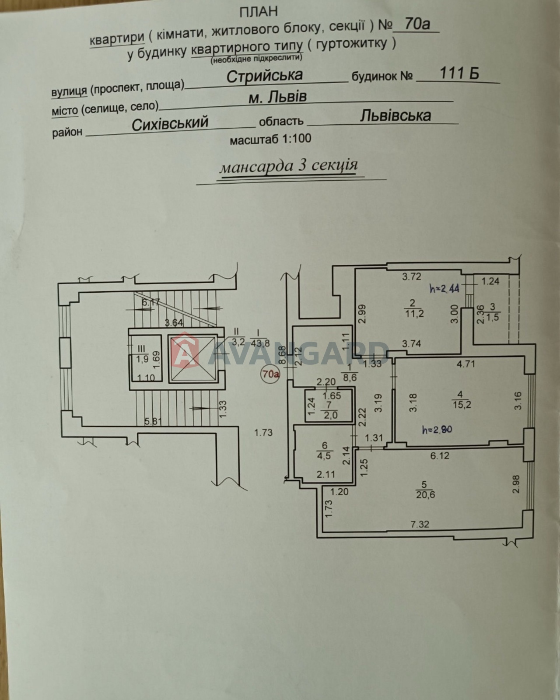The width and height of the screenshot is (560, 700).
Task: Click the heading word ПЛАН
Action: (x=259, y=10)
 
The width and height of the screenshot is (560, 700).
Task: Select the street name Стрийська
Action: (x=264, y=75)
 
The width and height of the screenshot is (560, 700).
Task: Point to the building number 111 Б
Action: (x=459, y=73)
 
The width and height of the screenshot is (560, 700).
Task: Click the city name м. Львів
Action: (x=277, y=98)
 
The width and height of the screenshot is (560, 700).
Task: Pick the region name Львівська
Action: (x=395, y=115)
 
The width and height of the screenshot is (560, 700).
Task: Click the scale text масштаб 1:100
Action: (x=270, y=139)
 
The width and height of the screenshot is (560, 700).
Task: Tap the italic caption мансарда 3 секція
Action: (x=288, y=166)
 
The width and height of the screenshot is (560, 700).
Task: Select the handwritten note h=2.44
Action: (x=444, y=289)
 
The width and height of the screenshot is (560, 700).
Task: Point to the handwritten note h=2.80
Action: (x=437, y=430)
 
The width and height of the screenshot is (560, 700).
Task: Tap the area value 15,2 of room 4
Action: (x=461, y=405)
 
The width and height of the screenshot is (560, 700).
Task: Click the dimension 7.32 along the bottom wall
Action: (x=420, y=524)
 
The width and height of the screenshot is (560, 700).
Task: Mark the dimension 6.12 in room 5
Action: (x=440, y=456)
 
